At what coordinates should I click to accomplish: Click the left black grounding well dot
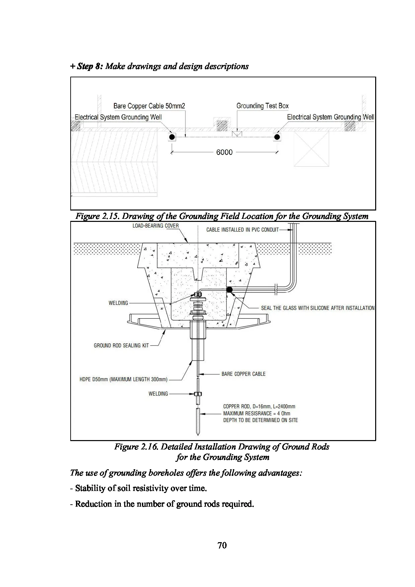point(172,137)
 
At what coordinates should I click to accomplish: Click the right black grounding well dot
point(277,137)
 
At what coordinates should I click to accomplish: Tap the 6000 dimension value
point(224,152)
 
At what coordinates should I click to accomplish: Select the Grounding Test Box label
point(262,106)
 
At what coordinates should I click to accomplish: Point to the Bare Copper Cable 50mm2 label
point(149,106)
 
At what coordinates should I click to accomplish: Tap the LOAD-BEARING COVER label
point(156,226)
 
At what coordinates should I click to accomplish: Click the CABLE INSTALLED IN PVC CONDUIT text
point(242,230)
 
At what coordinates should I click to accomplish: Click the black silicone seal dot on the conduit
point(229,289)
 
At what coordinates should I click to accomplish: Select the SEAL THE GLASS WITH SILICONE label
point(317,308)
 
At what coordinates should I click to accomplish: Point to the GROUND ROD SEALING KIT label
point(121,345)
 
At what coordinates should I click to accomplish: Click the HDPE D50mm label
point(123,380)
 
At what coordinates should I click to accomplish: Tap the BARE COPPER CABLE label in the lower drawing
point(243,374)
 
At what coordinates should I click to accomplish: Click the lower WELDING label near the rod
point(158,394)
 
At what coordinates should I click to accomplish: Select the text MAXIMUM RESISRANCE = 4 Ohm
point(257,413)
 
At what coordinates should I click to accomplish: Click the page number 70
point(222,545)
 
